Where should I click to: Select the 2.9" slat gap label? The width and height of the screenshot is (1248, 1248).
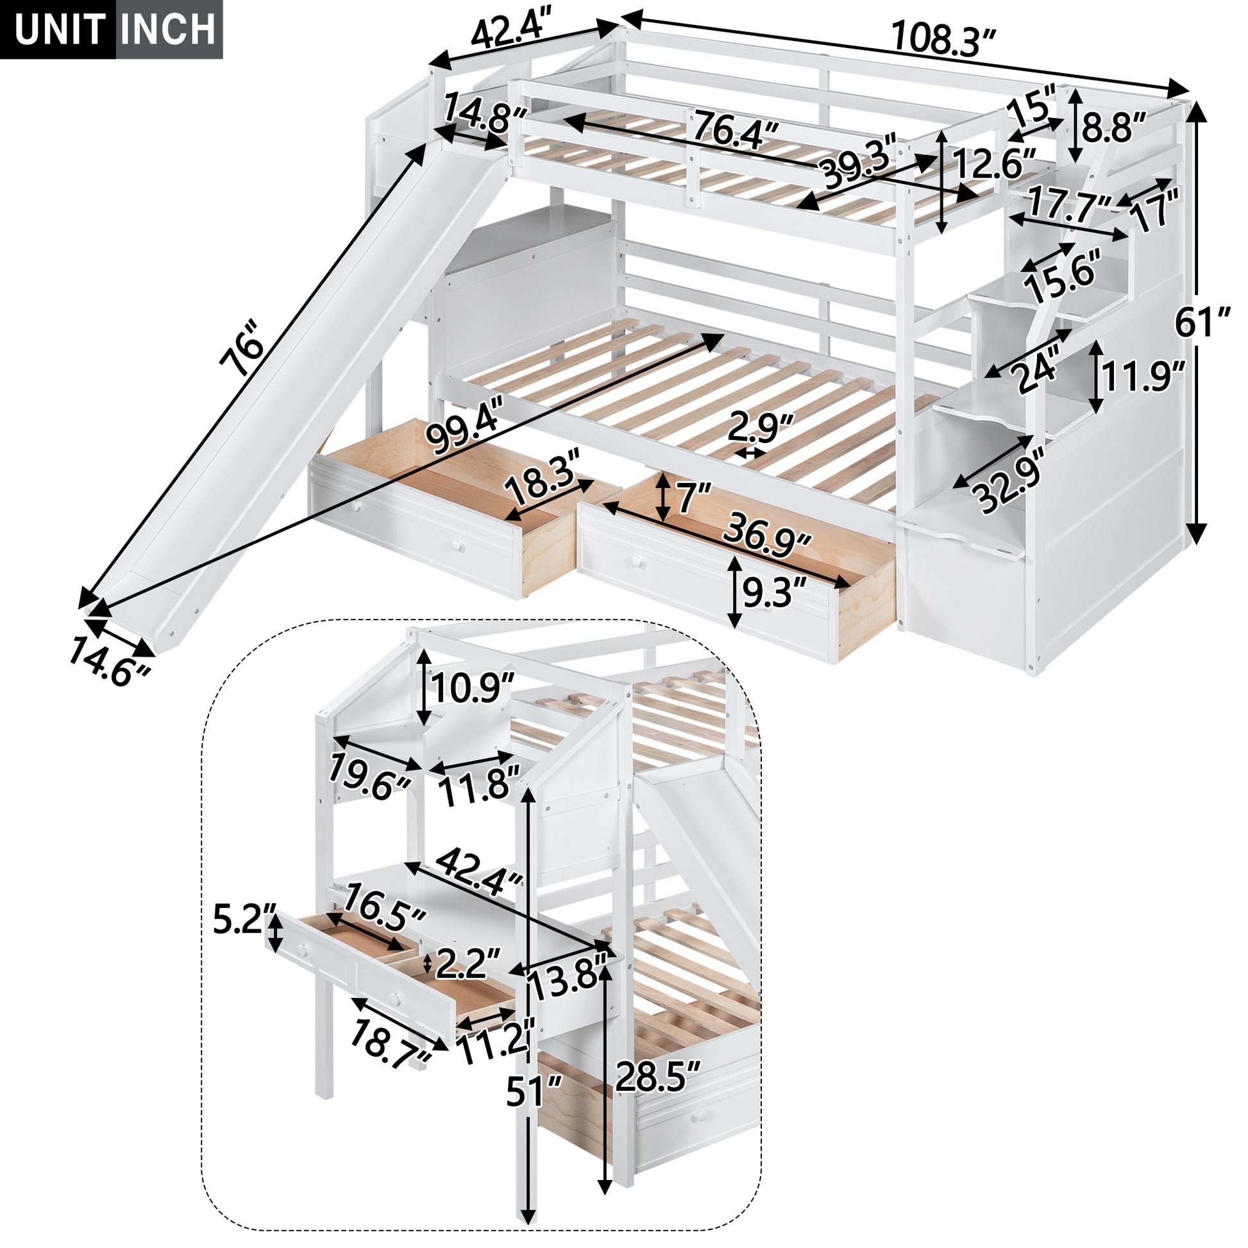pyautogui.click(x=761, y=428)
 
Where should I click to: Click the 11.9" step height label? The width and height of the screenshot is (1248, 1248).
pyautogui.click(x=1143, y=377)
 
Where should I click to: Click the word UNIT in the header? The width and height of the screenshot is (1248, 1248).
pyautogui.click(x=60, y=30)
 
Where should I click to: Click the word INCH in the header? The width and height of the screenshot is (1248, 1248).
pyautogui.click(x=169, y=30)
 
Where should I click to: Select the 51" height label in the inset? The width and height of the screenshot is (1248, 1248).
pyautogui.click(x=534, y=1091)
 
